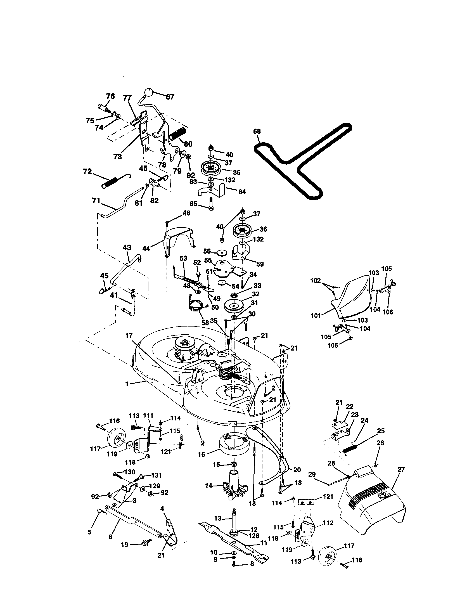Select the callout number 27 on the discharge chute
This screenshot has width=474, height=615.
pyautogui.click(x=401, y=469)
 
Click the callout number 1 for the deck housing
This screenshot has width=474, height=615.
pyautogui.click(x=127, y=384)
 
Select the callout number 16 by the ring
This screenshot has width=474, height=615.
pyautogui.click(x=202, y=454)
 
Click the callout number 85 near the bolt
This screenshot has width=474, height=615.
pyautogui.click(x=193, y=203)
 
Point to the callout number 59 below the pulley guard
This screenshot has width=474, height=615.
pyautogui.click(x=260, y=264)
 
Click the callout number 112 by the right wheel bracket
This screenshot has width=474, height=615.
pyautogui.click(x=328, y=523)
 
